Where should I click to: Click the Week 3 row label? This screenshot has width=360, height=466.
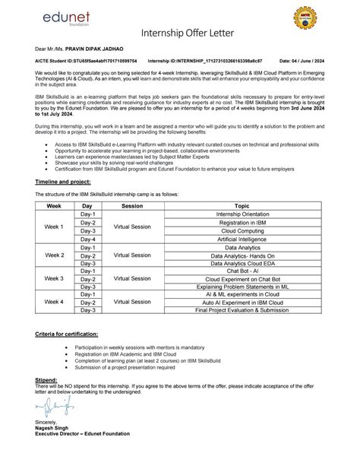tap(54, 279)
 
